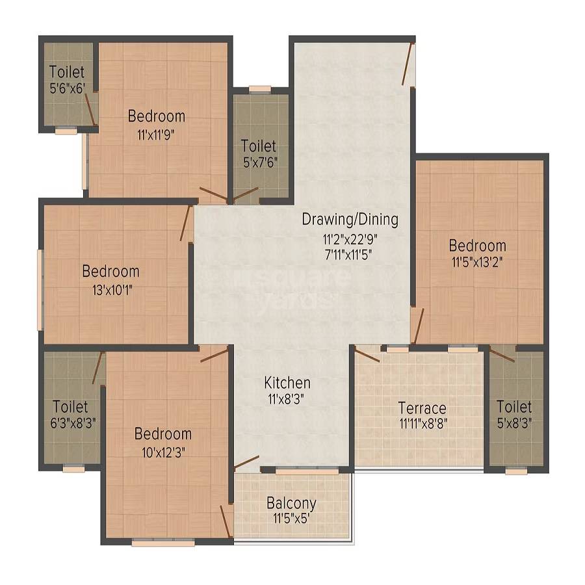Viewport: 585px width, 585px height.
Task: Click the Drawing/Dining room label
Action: point(350,219)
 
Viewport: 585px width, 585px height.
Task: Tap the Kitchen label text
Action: point(287,382)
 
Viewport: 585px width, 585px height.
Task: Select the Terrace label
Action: point(422,408)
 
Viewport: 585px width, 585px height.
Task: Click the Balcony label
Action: point(292,503)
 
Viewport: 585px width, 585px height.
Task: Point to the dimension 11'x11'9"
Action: point(156,135)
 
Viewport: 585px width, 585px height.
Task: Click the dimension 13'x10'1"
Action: point(110,289)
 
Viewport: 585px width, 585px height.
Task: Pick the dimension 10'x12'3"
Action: point(162,452)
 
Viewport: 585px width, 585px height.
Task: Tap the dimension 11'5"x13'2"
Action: point(477,264)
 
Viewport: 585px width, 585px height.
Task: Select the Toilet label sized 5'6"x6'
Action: point(66,72)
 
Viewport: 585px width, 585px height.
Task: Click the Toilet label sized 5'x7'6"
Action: point(258,146)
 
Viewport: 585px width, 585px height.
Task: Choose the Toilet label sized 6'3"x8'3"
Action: point(70,407)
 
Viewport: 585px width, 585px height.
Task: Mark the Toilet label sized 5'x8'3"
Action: point(513,407)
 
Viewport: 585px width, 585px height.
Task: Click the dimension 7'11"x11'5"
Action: point(350,254)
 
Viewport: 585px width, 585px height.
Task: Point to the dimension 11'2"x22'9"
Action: point(350,238)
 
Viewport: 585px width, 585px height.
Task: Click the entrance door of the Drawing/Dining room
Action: point(408,65)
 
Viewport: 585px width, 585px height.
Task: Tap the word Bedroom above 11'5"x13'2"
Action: point(477,246)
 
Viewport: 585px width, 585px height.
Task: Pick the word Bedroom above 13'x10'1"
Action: point(110,271)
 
